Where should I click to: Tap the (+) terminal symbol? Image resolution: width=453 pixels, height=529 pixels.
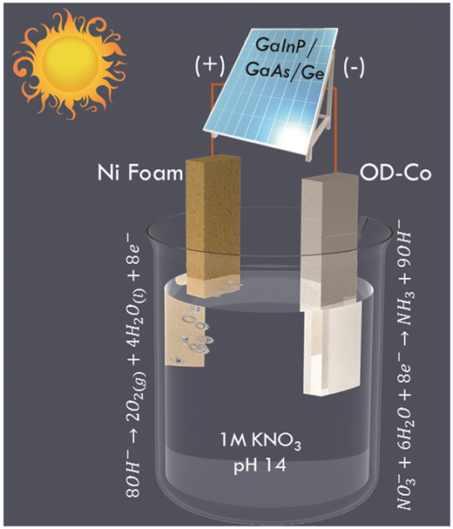pos(210,64)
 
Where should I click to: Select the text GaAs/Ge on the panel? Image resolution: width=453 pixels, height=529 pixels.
pos(285,71)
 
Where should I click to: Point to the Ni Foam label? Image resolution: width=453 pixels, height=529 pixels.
pos(140,173)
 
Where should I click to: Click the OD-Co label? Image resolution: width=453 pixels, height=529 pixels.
pos(396,173)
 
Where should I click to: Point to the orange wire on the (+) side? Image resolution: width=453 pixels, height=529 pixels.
pos(213,118)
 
